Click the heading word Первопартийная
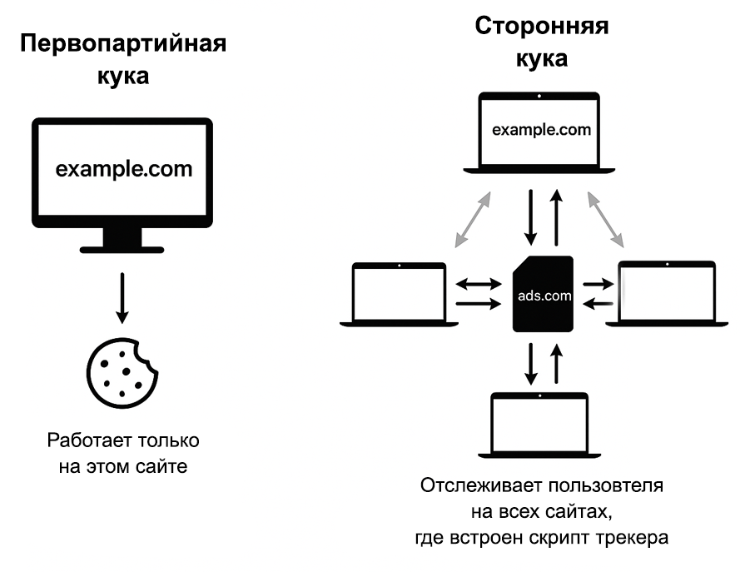click(123, 43)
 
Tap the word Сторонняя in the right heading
click(542, 26)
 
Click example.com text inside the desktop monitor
click(124, 169)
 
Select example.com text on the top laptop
click(542, 130)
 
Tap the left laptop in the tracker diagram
click(399, 295)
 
